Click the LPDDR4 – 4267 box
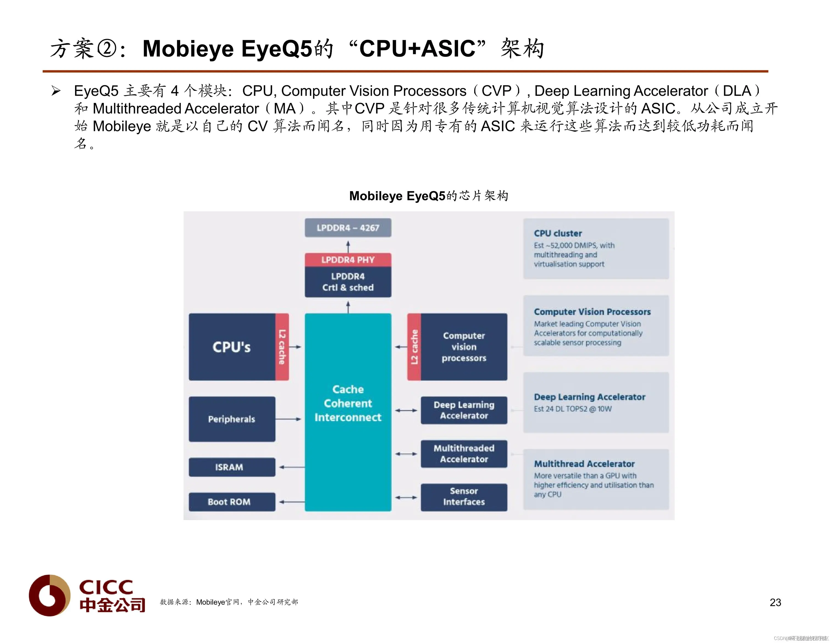[348, 228]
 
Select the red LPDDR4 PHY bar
[348, 260]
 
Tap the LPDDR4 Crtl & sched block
[348, 282]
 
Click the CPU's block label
[231, 347]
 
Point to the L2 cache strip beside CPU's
[282, 347]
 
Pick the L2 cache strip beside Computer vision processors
[414, 347]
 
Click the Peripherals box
[232, 419]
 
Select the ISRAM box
[232, 467]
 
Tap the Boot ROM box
[232, 502]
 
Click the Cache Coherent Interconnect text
[348, 403]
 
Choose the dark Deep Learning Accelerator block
[464, 410]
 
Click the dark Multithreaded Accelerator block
[464, 454]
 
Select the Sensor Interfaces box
[464, 497]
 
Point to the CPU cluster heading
[558, 234]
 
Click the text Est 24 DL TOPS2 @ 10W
[573, 409]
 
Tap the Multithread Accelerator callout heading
[584, 464]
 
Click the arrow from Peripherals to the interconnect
[288, 419]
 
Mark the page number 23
[775, 602]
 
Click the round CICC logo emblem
[49, 595]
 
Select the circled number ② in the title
[107, 49]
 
